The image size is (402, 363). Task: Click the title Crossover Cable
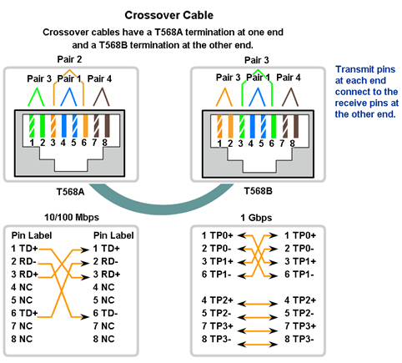(x=168, y=15)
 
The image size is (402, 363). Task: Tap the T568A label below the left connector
(x=70, y=192)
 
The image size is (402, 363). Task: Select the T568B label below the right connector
(x=258, y=191)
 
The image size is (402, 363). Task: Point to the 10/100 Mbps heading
(x=72, y=217)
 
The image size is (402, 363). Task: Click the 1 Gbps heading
(x=256, y=218)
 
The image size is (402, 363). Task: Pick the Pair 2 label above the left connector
(x=69, y=59)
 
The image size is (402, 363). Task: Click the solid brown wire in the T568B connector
(x=296, y=126)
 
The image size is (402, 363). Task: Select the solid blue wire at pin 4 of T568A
(x=63, y=126)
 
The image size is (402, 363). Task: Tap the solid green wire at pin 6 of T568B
(x=274, y=126)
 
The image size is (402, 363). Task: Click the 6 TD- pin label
(x=105, y=313)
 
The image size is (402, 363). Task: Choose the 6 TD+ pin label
(x=24, y=313)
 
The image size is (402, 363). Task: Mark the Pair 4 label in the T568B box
(x=289, y=78)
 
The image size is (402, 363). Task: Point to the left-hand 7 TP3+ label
(x=218, y=326)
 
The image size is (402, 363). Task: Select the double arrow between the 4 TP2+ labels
(x=258, y=304)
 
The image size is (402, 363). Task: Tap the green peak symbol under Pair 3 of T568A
(x=36, y=97)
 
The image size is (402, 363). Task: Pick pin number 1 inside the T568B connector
(x=219, y=144)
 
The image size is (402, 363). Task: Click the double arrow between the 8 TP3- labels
(x=258, y=345)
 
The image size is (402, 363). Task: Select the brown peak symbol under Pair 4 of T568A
(x=101, y=97)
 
